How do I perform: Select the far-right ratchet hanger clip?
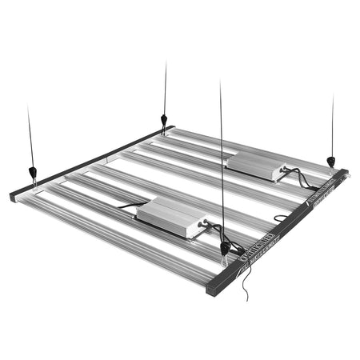(x=330, y=161)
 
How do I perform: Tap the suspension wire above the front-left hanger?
(x=30, y=136)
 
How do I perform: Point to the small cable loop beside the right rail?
(x=281, y=218)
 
